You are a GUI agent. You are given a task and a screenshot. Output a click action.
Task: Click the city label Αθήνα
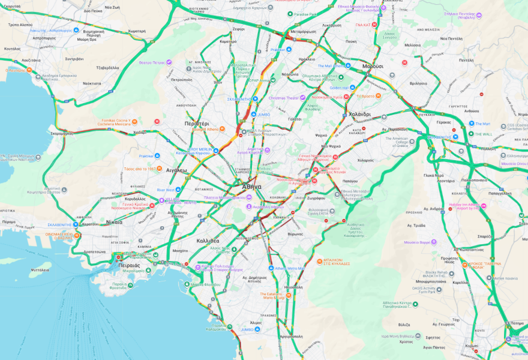click(x=252, y=187)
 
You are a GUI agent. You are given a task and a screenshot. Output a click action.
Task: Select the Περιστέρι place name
click(x=196, y=123)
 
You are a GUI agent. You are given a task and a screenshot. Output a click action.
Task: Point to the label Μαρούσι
click(x=373, y=66)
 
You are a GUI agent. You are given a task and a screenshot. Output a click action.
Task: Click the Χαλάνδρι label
click(x=359, y=114)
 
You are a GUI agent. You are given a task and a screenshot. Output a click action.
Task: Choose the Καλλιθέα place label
click(x=208, y=241)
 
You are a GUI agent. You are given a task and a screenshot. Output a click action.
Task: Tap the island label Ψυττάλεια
click(x=40, y=270)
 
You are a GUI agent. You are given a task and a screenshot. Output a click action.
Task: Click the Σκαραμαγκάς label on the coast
click(x=62, y=133)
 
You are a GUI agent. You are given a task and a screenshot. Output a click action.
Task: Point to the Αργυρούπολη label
click(x=290, y=337)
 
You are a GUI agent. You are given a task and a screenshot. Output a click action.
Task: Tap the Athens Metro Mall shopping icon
click(x=271, y=268)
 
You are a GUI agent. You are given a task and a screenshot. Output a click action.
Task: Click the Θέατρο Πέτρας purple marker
click(x=170, y=62)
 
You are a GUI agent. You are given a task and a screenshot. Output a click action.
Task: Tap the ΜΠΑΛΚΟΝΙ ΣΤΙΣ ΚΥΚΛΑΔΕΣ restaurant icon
click(x=320, y=260)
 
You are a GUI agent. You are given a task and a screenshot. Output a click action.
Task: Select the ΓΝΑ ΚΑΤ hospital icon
click(x=375, y=25)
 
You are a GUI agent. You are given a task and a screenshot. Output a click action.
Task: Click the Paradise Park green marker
click(x=289, y=14)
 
